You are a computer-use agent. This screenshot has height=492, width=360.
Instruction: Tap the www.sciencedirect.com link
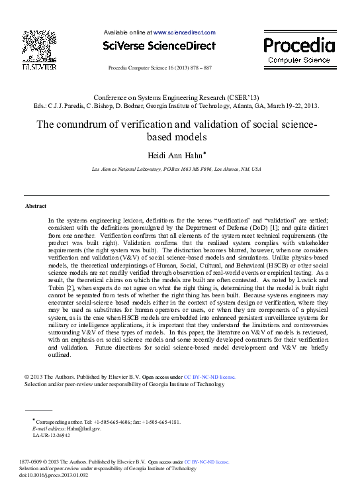(185, 32)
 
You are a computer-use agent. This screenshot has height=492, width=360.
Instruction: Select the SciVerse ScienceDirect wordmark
(159, 46)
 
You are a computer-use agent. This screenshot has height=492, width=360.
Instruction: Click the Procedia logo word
(299, 45)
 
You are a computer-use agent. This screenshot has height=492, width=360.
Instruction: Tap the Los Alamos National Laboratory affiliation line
(176, 170)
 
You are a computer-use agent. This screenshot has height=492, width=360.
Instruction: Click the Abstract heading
(35, 207)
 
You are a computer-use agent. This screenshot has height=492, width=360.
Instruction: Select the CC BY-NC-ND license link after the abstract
(209, 377)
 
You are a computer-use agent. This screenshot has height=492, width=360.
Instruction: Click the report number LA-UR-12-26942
(51, 435)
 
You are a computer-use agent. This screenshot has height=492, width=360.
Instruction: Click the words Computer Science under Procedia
(299, 60)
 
